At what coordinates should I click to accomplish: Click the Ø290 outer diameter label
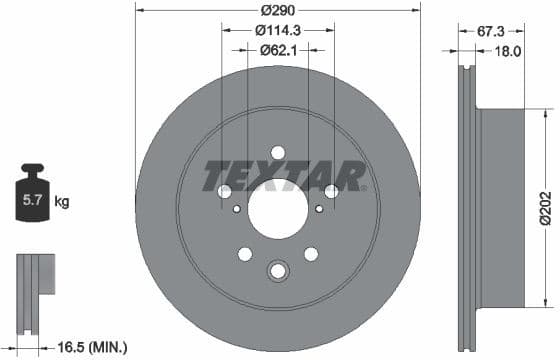coord(277,11)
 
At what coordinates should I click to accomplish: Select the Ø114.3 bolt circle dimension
coord(277,30)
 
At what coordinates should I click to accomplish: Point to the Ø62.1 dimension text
coord(277,49)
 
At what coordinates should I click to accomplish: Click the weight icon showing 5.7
coord(34,199)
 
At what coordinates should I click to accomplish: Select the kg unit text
coord(62,202)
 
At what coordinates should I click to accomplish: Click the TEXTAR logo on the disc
coord(283,177)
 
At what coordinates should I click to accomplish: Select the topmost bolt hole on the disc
coord(278,152)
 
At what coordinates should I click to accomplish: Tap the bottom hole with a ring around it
coord(277,269)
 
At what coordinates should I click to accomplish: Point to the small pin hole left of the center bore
coord(236,209)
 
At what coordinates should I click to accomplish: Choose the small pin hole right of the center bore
coord(318,209)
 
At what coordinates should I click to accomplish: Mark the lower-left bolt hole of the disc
coord(245,254)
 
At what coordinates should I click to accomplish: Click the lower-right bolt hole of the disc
coord(311,254)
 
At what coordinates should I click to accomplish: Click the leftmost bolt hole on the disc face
coord(225,191)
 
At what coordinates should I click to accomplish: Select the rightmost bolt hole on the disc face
coord(331,191)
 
